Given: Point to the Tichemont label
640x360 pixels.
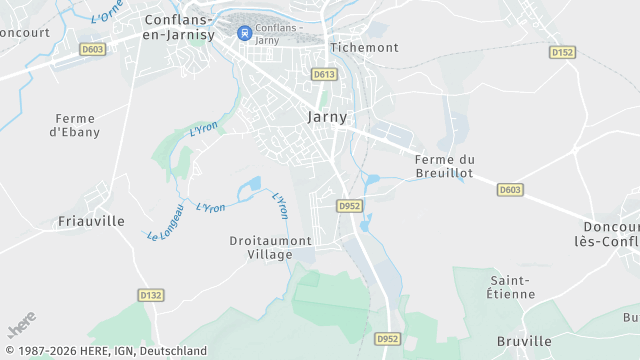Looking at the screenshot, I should (x=364, y=47).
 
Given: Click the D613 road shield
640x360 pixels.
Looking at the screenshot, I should (x=323, y=74).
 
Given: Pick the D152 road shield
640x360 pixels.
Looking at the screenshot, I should (x=562, y=52).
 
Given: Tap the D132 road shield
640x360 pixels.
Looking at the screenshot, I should (x=150, y=295).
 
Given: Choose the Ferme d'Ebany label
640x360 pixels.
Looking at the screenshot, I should (x=76, y=124).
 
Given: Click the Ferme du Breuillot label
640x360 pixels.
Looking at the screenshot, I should (x=444, y=166).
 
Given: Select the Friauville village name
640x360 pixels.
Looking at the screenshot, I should (x=91, y=221).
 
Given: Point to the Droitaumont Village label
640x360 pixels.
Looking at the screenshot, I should (x=270, y=247).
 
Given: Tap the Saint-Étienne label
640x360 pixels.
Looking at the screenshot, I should (x=513, y=286).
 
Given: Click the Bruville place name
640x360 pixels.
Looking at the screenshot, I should (x=523, y=341).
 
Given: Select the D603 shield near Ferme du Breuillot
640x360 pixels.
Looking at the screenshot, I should (x=509, y=189).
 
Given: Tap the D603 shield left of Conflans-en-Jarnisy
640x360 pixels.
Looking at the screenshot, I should (x=93, y=48).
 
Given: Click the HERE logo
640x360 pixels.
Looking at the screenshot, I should (x=21, y=326).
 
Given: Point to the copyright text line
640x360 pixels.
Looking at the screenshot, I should (x=104, y=351).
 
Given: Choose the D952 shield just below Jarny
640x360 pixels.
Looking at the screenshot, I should (x=349, y=206).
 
